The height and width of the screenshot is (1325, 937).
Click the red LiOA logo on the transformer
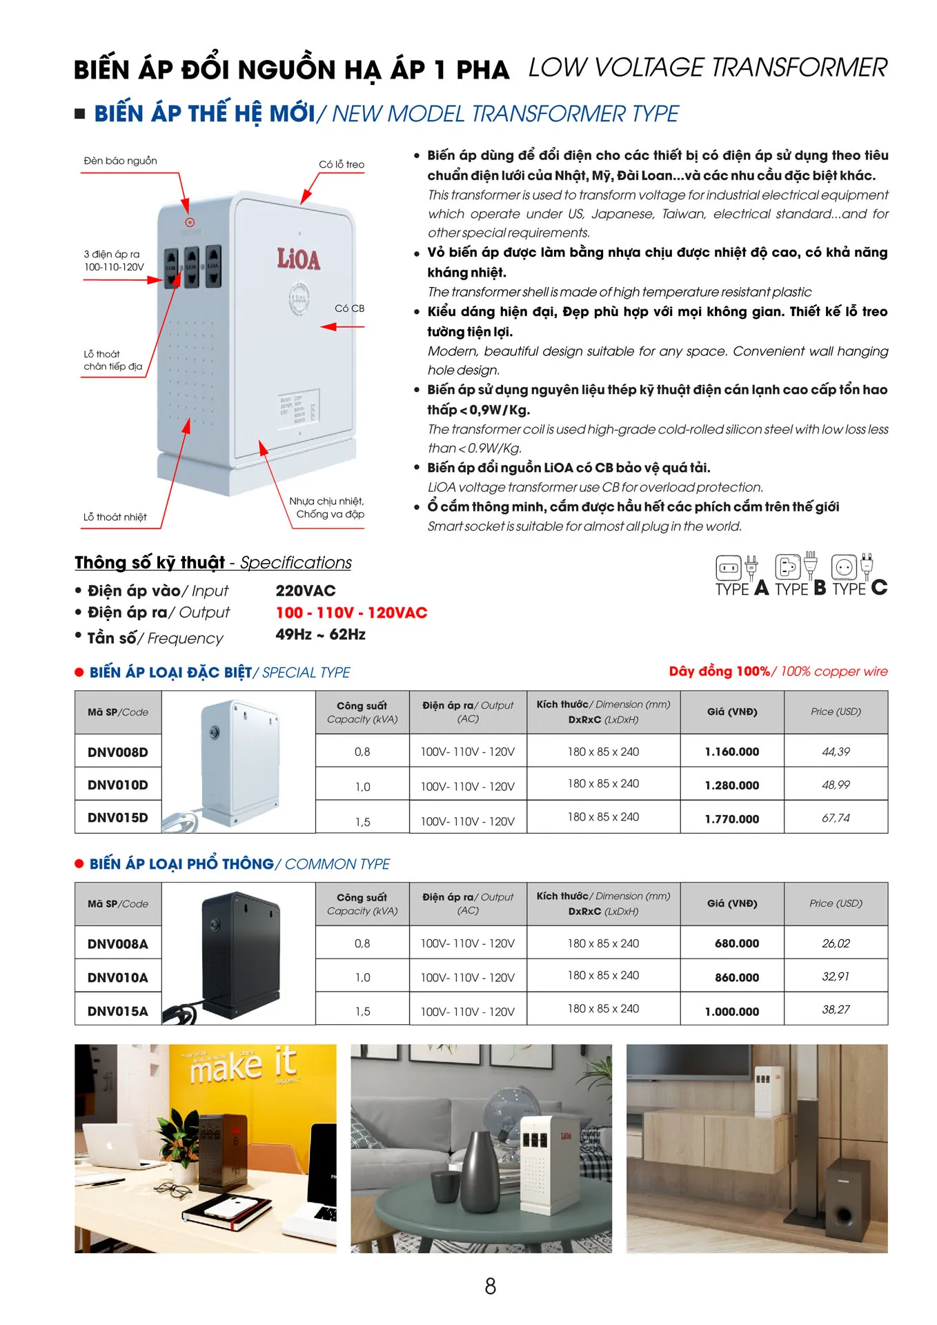[299, 259]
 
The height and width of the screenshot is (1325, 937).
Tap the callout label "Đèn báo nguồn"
[120, 161]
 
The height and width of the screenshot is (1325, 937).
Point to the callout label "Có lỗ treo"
[341, 164]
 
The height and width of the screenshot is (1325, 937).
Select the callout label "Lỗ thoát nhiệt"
[115, 517]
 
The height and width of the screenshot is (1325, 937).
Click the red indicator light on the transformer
[190, 222]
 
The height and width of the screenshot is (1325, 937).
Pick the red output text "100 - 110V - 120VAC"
[351, 613]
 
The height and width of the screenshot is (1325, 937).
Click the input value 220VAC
[306, 591]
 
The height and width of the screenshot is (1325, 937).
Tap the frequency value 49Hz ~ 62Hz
[320, 635]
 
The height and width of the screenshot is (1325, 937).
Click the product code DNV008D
[117, 752]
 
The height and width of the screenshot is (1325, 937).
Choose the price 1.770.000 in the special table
[731, 819]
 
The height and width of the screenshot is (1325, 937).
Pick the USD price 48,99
[836, 785]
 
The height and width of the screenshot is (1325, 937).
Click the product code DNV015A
[117, 1012]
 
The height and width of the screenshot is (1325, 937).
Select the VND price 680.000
[736, 943]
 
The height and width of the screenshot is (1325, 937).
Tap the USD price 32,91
[836, 976]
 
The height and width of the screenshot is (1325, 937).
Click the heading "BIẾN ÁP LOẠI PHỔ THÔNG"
[181, 864]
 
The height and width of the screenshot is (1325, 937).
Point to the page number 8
[490, 1286]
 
